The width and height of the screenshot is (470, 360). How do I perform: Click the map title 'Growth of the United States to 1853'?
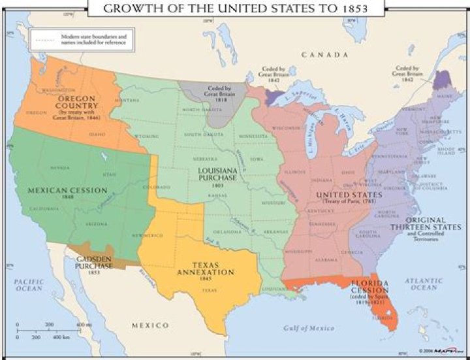pyautogui.click(x=235, y=8)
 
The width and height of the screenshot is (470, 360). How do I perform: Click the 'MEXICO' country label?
pyautogui.click(x=150, y=325)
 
